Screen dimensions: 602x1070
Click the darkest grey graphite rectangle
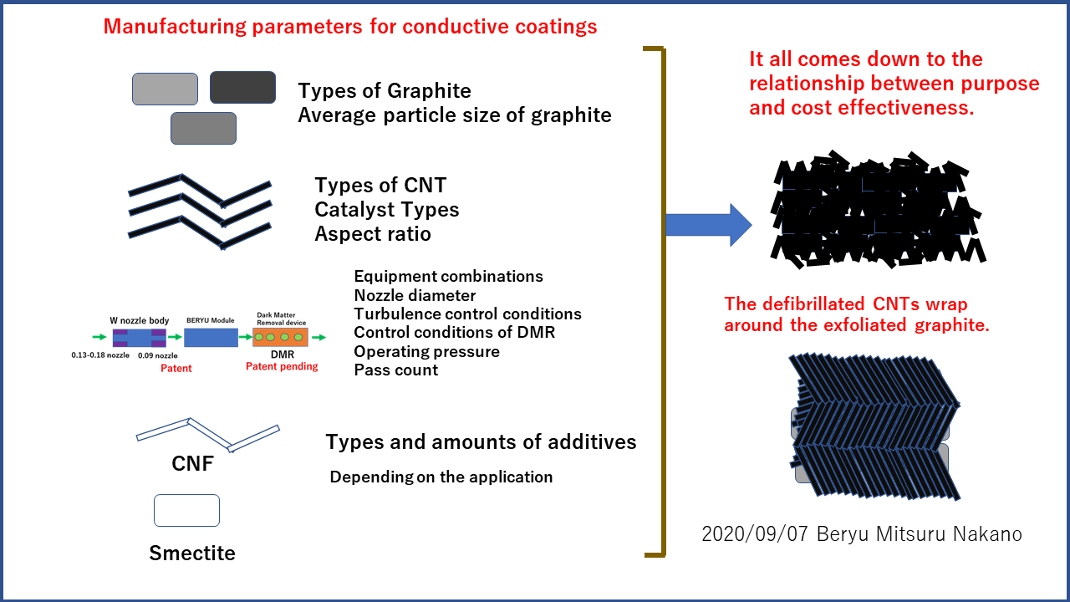(242, 87)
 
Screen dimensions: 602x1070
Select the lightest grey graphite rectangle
(165, 89)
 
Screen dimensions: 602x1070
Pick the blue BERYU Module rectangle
(210, 338)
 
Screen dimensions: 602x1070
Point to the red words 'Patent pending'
(282, 366)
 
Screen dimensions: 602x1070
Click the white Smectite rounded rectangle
(186, 510)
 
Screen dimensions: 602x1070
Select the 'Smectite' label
(192, 553)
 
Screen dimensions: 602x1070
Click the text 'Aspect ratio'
(373, 234)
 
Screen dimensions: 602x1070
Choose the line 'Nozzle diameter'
(415, 295)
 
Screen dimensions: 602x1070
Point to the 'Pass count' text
(395, 370)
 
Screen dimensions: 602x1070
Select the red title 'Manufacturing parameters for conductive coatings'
(350, 27)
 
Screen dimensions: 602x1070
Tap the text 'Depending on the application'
(441, 477)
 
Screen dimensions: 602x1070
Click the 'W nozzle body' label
(140, 320)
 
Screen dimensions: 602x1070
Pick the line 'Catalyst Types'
(387, 209)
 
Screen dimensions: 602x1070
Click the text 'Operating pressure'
(426, 351)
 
